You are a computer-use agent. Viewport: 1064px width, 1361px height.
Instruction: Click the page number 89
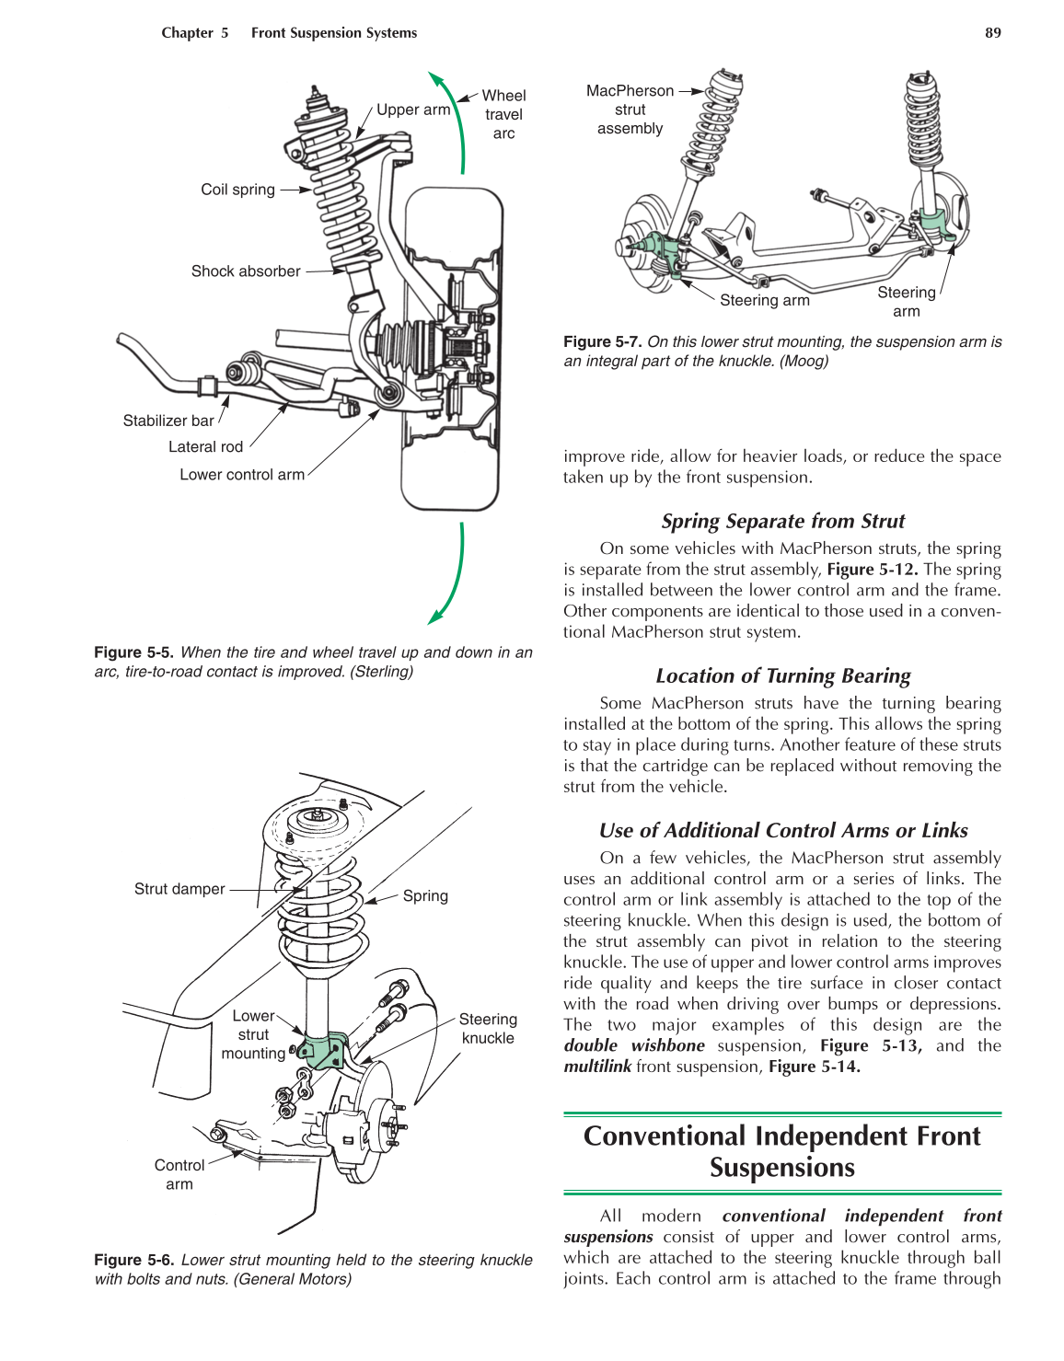point(992,33)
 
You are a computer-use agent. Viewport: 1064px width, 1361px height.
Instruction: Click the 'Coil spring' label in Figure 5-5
point(237,190)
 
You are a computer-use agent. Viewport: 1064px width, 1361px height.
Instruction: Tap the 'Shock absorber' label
point(246,271)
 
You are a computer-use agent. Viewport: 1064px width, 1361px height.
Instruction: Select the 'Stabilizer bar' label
point(168,421)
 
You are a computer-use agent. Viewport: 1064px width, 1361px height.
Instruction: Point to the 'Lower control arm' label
point(242,475)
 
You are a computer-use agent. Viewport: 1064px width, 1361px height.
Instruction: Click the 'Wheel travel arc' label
point(503,114)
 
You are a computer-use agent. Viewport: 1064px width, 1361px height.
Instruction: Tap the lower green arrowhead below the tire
point(435,617)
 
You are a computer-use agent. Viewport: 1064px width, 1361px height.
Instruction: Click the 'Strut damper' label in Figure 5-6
point(179,889)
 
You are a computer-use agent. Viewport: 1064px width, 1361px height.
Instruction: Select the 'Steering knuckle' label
point(488,1029)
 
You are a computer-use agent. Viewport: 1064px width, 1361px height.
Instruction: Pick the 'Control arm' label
point(179,1174)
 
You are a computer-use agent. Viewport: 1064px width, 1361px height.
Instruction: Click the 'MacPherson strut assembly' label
point(630,110)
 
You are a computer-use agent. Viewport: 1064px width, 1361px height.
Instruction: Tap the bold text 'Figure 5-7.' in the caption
point(603,341)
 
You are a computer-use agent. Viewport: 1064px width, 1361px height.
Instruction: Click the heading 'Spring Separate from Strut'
point(782,522)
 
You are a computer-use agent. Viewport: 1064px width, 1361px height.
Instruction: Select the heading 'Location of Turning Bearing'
point(782,676)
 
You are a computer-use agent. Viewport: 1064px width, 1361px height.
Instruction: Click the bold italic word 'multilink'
point(597,1067)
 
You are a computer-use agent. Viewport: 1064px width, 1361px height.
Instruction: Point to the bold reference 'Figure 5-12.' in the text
point(872,570)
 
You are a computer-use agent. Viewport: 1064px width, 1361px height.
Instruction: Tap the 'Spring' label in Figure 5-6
point(425,896)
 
